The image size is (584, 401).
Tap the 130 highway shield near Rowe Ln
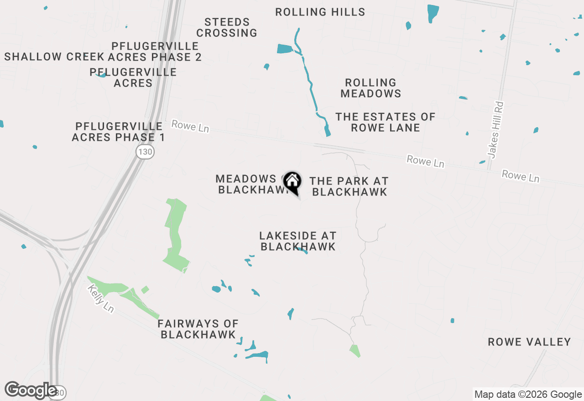(145, 152)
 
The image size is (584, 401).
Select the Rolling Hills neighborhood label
(320, 12)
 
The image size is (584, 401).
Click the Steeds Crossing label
(227, 27)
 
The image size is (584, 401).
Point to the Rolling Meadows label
(370, 88)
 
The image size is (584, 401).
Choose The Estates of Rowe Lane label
(385, 122)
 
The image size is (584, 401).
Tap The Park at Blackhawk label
(349, 186)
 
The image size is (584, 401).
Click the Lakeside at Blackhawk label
(297, 241)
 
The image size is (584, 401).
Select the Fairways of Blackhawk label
(198, 329)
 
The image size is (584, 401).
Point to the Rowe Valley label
(529, 342)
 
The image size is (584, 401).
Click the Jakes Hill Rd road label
(495, 130)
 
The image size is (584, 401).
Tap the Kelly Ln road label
(101, 298)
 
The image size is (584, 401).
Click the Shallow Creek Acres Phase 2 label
(103, 57)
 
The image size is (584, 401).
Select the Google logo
(31, 390)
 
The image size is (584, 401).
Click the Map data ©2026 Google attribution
(528, 395)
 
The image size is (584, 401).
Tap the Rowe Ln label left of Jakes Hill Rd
(425, 161)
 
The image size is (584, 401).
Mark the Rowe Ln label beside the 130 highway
(190, 126)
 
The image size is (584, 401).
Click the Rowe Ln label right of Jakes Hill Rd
(520, 176)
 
